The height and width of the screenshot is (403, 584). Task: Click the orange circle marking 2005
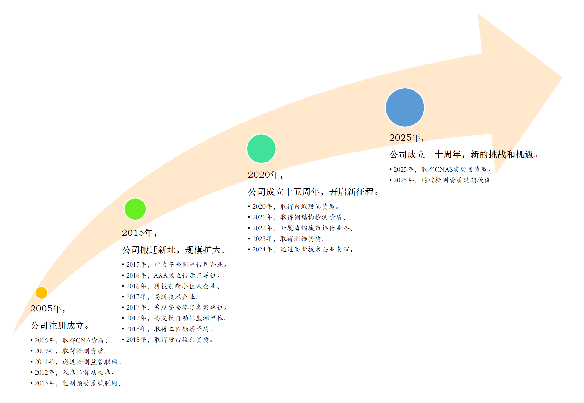[x=41, y=293]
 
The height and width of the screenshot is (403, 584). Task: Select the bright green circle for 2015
[x=135, y=209]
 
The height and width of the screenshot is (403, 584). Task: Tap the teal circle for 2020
[x=261, y=149]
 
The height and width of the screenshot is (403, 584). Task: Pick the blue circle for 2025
[x=405, y=107]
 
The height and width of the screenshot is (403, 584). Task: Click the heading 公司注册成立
[x=60, y=326]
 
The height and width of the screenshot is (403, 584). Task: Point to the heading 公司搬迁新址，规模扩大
[x=174, y=250]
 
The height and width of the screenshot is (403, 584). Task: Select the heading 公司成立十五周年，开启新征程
[x=313, y=192]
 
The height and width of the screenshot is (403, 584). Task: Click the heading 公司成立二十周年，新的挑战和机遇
[x=464, y=154]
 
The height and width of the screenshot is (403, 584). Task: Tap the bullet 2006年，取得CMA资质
[x=69, y=340]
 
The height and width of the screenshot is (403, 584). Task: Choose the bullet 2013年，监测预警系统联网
[x=76, y=383]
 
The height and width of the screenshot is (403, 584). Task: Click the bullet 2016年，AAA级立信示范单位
[x=171, y=276]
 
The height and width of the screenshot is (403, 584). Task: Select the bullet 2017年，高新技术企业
[x=161, y=297]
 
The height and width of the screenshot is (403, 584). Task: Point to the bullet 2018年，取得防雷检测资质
[x=168, y=340]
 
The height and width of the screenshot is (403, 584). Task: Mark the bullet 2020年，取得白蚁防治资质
[x=294, y=207]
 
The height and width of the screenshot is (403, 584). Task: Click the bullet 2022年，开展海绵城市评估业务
[x=301, y=228]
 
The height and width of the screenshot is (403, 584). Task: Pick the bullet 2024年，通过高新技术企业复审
[x=301, y=250]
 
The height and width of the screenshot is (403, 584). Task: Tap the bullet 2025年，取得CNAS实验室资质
[x=440, y=170]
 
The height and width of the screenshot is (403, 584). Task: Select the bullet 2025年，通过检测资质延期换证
[x=442, y=180]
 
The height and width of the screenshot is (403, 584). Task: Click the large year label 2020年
[x=266, y=175]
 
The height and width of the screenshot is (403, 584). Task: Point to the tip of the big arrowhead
[x=562, y=77]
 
